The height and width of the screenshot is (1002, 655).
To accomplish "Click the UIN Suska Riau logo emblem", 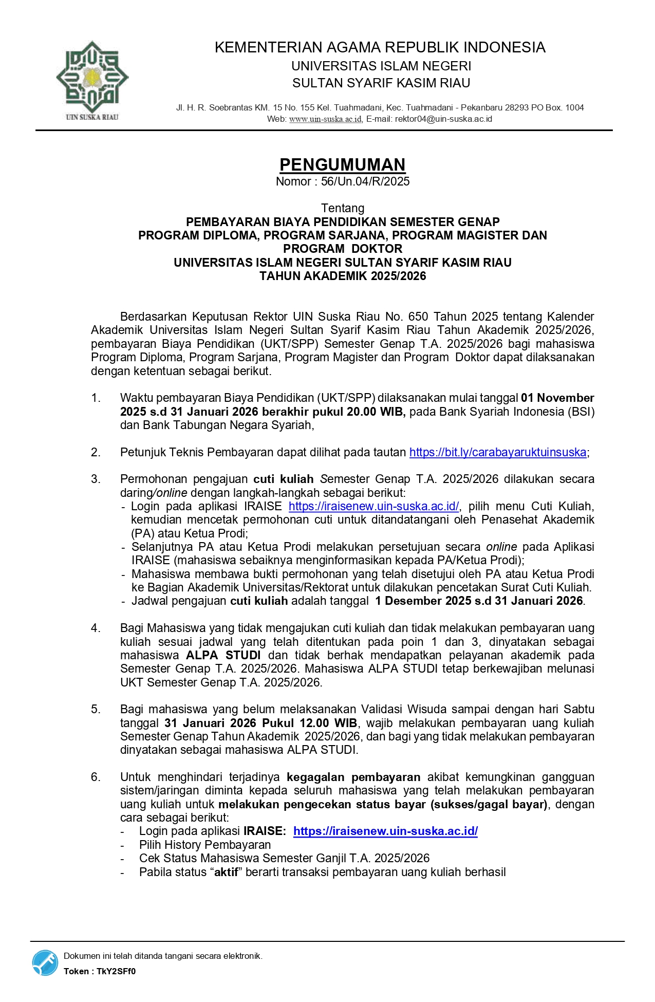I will (x=92, y=77).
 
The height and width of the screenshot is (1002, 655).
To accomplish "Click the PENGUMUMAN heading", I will (x=342, y=164).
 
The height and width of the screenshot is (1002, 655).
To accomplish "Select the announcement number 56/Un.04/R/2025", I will (x=365, y=181).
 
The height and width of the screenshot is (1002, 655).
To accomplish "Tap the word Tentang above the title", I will (x=343, y=208).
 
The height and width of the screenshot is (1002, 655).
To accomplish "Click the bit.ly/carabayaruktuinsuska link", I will (x=497, y=452).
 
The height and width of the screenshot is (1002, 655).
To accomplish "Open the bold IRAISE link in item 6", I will (x=385, y=831).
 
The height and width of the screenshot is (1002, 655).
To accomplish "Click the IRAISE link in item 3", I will (x=373, y=506).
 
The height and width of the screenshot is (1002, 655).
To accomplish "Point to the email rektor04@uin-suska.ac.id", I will (x=443, y=119).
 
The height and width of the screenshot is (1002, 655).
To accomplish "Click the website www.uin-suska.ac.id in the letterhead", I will (x=325, y=119).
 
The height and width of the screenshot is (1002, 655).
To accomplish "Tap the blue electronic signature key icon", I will (x=45, y=962).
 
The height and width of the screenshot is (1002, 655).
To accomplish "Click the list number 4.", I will (x=96, y=628).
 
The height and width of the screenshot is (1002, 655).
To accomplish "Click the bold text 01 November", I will (x=557, y=398).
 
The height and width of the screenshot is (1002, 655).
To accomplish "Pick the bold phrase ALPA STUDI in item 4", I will (x=223, y=655).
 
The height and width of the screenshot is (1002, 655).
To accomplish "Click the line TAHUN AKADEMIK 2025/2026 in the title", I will (x=343, y=276).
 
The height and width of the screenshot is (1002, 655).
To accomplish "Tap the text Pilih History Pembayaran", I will (x=204, y=845).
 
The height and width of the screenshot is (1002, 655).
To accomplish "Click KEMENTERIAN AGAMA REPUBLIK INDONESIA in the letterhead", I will (x=380, y=47).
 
